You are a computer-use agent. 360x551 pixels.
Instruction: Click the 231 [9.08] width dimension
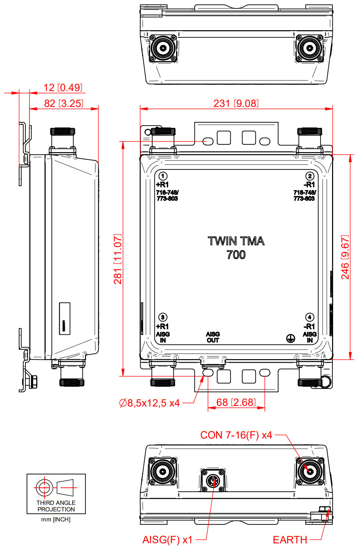pyautogui.click(x=236, y=103)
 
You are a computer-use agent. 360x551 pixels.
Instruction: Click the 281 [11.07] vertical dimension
pyautogui.click(x=118, y=259)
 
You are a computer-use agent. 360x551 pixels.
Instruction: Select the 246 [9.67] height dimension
pyautogui.click(x=345, y=257)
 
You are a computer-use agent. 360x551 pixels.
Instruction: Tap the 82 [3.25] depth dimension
pyautogui.click(x=64, y=103)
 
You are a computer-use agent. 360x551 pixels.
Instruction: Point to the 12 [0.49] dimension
pyautogui.click(x=63, y=88)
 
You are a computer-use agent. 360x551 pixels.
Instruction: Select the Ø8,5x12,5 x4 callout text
pyautogui.click(x=149, y=403)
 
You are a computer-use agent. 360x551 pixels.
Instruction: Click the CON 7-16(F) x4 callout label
pyautogui.click(x=236, y=435)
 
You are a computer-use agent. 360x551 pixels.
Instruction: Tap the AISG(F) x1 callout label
pyautogui.click(x=167, y=540)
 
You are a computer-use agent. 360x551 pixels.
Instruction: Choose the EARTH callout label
pyautogui.click(x=290, y=540)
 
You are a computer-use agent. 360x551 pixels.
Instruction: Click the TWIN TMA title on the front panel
pyautogui.click(x=236, y=241)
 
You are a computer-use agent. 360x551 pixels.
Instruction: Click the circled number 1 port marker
pyautogui.click(x=163, y=176)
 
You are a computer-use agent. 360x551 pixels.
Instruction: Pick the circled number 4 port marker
pyautogui.click(x=310, y=317)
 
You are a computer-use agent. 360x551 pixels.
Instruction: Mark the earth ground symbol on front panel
pyautogui.click(x=290, y=338)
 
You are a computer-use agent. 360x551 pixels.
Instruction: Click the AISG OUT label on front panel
pyautogui.click(x=213, y=337)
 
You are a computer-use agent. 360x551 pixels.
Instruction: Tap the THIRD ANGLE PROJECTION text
pyautogui.click(x=56, y=506)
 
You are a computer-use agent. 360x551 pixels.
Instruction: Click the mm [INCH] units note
pyautogui.click(x=56, y=519)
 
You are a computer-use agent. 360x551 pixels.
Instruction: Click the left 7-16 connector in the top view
pyautogui.click(x=163, y=48)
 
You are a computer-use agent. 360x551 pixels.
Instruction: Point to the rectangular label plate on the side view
pyautogui.click(x=65, y=319)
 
